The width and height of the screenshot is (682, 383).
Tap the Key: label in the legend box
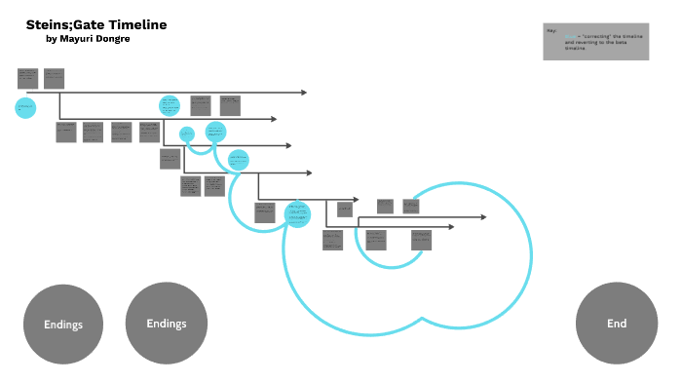tap(551, 30)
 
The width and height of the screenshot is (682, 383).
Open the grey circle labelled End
tap(617, 324)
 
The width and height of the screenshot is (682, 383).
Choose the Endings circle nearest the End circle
tap(166, 324)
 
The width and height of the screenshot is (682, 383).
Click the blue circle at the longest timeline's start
tap(25, 106)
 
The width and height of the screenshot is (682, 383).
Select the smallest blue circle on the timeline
tap(187, 134)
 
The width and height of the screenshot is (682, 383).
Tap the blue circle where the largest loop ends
tap(297, 212)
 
